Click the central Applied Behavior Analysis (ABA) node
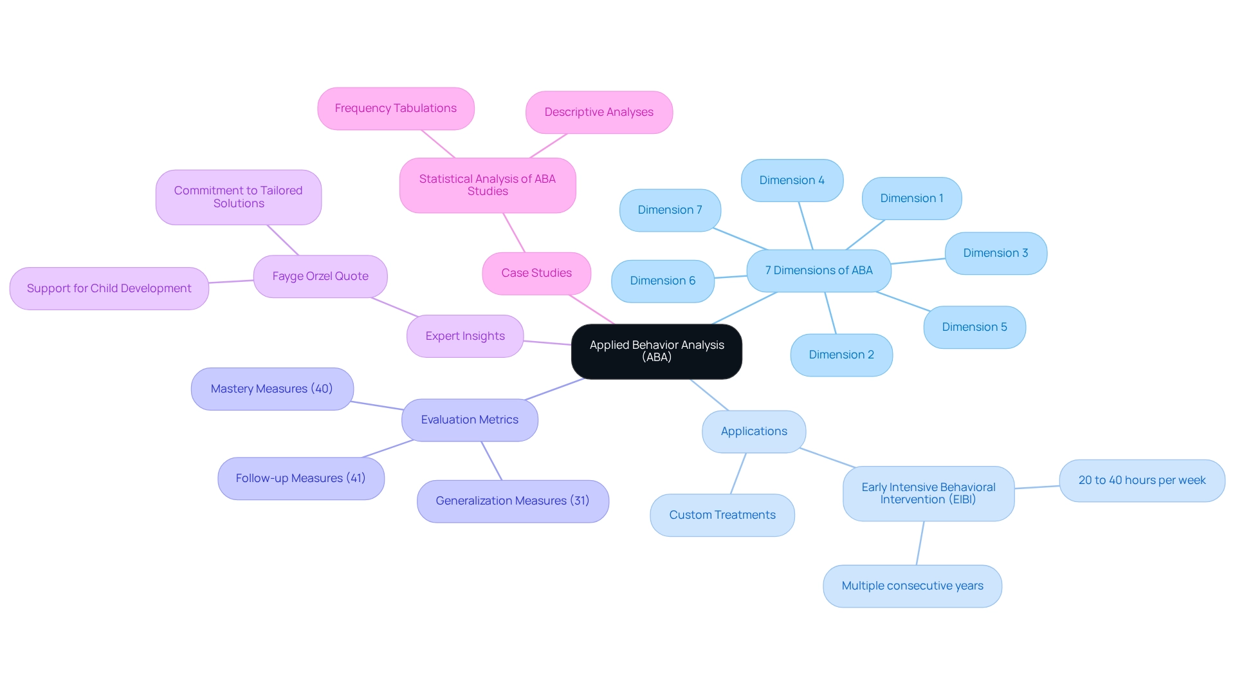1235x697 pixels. coord(656,351)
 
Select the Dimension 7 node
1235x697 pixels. coord(670,210)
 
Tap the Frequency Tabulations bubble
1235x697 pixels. coord(396,109)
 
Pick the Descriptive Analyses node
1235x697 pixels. coord(599,113)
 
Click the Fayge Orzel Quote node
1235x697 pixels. coord(320,277)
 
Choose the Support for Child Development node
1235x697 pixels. coord(109,289)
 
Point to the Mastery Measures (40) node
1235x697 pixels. coord(271,389)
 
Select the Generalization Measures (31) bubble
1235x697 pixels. coord(513,501)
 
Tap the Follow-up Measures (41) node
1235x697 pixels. coord(300,479)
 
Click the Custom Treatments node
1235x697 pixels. coord(722,516)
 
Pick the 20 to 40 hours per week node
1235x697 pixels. coord(1142,481)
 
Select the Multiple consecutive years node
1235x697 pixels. coord(912,586)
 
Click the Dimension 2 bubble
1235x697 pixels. coord(841,355)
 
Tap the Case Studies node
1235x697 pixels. coord(536,274)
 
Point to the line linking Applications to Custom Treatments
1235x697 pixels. coord(738,474)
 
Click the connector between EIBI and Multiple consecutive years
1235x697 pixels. coord(920,543)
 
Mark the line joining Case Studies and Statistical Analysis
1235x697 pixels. coord(515,233)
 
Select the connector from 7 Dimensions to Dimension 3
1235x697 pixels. coord(918,261)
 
